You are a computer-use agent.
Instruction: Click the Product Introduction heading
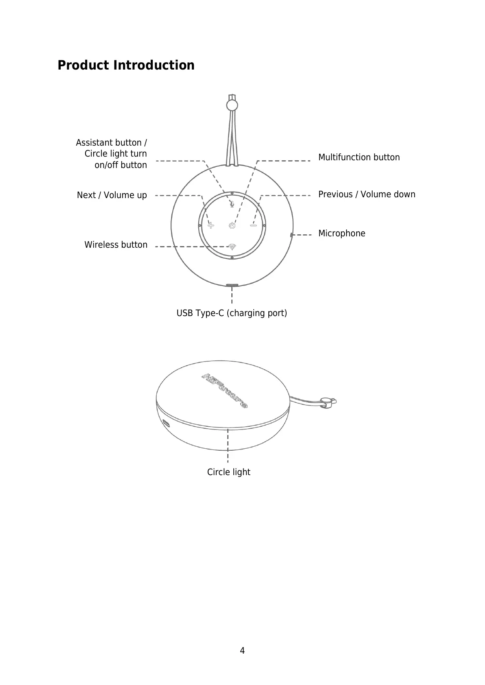point(126,65)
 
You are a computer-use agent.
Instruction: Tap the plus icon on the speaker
point(211,225)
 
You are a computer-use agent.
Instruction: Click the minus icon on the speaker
point(253,225)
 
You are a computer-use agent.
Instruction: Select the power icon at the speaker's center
point(232,225)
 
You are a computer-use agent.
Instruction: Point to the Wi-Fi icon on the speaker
point(232,246)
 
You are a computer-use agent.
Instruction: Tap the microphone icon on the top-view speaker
point(232,203)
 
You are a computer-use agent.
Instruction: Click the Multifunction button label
point(359,157)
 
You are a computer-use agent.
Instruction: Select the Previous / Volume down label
point(366,194)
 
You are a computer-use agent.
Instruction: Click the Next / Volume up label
point(112,195)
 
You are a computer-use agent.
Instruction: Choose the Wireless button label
point(116,245)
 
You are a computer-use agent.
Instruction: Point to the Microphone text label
point(342,233)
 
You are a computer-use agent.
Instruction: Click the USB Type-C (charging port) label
point(231,313)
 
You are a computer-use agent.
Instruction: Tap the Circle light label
point(228,472)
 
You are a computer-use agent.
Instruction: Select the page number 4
point(242,651)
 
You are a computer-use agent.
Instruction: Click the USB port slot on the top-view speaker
point(232,286)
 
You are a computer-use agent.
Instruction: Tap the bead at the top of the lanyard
point(232,105)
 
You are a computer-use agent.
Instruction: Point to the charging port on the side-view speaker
point(167,423)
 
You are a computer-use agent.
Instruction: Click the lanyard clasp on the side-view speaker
point(327,402)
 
